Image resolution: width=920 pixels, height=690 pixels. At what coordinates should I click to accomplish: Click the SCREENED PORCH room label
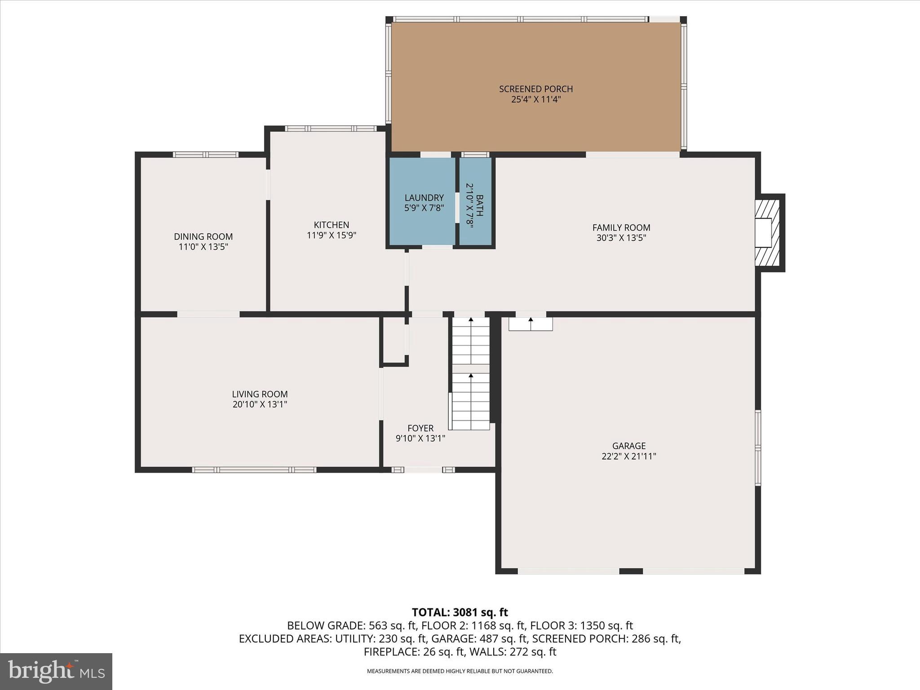tap(536, 89)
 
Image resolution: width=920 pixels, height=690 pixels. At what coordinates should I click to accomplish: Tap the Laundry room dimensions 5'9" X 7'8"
tap(424, 208)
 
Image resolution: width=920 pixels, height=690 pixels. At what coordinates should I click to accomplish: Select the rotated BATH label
tap(480, 205)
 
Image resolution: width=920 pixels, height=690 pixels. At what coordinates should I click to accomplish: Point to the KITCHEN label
tap(331, 225)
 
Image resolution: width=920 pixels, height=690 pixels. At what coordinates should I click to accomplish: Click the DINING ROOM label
tap(203, 236)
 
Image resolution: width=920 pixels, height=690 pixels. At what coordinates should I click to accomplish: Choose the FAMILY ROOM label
tap(621, 228)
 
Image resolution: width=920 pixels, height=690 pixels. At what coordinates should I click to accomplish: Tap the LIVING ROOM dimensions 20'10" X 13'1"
tap(260, 404)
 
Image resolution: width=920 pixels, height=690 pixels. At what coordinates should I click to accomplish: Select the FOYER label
tap(420, 428)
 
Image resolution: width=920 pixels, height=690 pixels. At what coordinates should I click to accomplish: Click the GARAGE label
tap(628, 446)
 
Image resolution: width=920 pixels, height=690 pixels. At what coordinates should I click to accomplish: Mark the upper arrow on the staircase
tap(471, 320)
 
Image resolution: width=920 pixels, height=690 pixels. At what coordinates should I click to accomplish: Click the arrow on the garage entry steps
tap(531, 320)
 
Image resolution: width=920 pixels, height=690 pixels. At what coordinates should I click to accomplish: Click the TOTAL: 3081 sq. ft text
tap(460, 612)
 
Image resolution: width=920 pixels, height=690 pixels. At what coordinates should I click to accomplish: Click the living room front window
tap(254, 470)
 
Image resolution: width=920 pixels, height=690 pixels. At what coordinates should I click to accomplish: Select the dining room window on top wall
tap(206, 155)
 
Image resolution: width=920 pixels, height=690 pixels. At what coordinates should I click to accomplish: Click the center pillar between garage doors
tap(631, 571)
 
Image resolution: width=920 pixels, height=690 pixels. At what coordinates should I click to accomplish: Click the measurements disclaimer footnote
tap(460, 671)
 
